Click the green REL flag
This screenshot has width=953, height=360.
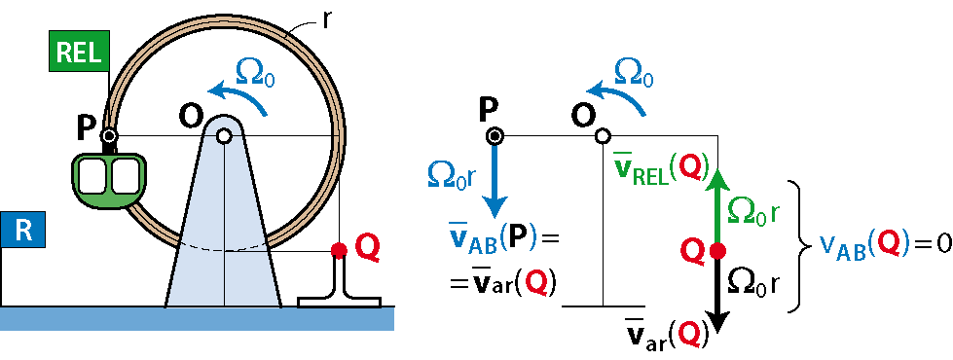point(79,52)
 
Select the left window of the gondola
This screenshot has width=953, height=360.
point(94,175)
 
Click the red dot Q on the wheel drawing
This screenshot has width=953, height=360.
point(339,249)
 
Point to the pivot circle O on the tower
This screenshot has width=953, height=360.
point(224,136)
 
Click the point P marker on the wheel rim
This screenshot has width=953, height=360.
point(109,136)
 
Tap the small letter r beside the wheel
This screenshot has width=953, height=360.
point(327,18)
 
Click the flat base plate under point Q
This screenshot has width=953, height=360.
point(339,302)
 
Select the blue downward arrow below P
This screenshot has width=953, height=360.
point(495,180)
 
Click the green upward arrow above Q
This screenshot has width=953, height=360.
point(717,206)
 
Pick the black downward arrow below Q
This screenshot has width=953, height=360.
point(717,294)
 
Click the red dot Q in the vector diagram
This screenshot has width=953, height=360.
point(717,249)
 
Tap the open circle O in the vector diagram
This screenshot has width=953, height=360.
point(602,136)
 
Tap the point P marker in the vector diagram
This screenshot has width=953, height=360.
point(495,136)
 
